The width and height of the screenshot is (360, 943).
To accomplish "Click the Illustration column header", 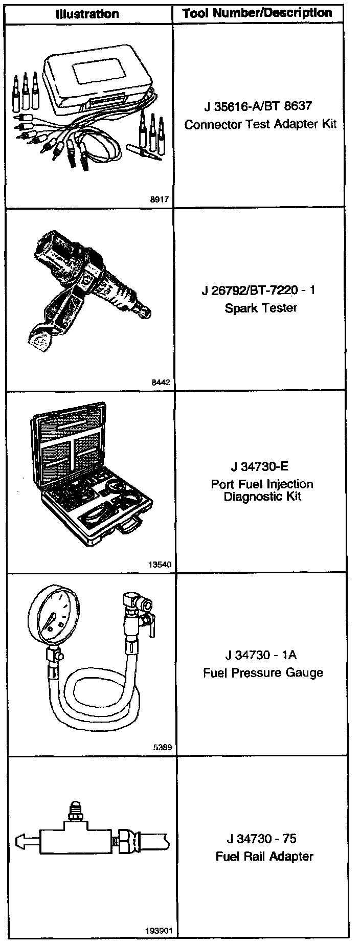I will pos(87,14).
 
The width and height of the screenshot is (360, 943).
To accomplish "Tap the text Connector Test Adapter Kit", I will pos(260,124).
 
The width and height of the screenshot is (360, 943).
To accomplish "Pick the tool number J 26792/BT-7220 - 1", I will pos(258,290).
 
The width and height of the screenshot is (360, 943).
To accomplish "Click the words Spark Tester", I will pos(261,308).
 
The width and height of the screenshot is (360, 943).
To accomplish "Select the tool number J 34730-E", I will pos(259,466).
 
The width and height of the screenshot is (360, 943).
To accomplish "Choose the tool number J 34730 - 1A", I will pos(260,655).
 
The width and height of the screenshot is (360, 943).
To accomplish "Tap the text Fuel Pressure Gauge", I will pos(263,672).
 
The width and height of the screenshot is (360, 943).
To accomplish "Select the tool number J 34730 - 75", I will pos(261,839).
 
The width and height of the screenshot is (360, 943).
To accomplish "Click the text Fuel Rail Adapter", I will pos(264,856).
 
